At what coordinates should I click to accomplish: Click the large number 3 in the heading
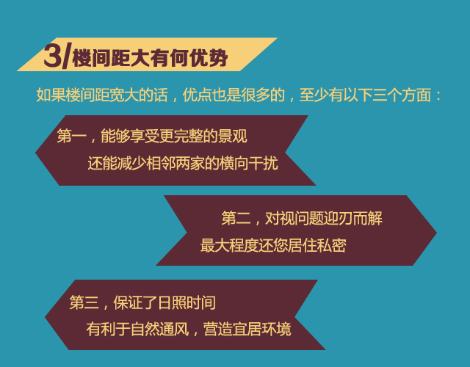[53, 56]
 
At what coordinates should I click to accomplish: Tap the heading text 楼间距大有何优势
[150, 58]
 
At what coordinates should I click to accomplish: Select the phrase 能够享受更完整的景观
[174, 137]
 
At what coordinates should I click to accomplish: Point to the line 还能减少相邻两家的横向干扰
[183, 164]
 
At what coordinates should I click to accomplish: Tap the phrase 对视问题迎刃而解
[324, 218]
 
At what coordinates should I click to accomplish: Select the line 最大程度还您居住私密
[273, 246]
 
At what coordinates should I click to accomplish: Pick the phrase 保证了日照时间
[164, 302]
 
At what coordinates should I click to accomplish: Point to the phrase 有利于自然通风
[137, 330]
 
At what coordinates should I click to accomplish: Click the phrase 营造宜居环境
[247, 330]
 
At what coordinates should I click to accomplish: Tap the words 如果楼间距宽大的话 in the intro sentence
[102, 95]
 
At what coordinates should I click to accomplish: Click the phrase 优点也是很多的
[234, 95]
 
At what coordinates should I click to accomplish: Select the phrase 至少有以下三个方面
[365, 95]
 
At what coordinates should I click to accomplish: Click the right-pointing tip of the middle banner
[436, 233]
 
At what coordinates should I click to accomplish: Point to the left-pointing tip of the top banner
[36, 153]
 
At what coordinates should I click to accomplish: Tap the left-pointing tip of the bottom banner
[46, 317]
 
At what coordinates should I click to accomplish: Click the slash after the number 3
[67, 56]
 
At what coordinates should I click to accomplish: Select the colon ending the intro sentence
[438, 96]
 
